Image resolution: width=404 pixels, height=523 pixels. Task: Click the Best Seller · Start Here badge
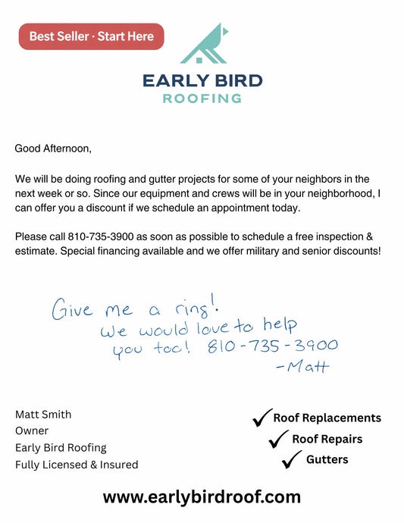coord(91,36)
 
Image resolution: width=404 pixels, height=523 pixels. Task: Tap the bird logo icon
coord(202,45)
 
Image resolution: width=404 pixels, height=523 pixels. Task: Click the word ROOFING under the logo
coord(202,98)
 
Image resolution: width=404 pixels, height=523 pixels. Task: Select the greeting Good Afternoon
coord(53,149)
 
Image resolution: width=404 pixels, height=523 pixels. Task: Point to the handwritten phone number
coord(272,346)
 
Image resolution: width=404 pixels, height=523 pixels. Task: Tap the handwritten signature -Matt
coord(302,367)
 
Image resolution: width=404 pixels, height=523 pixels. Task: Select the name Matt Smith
coord(43,415)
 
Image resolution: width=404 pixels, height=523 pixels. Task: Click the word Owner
coord(32,431)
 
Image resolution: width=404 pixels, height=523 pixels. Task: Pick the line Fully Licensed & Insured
coord(77,465)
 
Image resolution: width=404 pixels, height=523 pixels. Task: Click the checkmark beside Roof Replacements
coord(262,416)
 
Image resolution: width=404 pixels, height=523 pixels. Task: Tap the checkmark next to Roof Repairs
coord(280,438)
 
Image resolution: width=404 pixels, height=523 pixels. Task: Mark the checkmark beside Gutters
coord(291,459)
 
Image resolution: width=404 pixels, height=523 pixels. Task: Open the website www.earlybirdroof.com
coord(202,497)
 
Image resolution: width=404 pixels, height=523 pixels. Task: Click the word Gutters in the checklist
coord(327,459)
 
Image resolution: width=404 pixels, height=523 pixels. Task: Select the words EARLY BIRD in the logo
coord(202,80)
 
